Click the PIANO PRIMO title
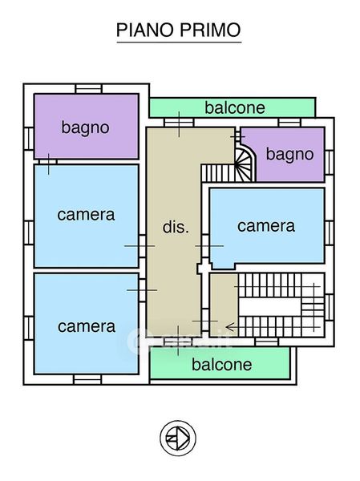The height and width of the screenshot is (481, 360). coord(179,30)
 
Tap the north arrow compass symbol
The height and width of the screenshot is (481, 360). coord(178,438)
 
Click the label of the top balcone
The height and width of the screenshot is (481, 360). coord(235,107)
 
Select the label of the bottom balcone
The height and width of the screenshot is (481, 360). coord(222,365)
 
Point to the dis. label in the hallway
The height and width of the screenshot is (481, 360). coord(176,227)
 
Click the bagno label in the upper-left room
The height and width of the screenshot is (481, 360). coord(85,127)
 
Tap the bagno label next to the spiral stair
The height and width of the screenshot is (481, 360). coord(289,154)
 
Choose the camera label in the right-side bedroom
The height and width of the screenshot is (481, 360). coord(266,226)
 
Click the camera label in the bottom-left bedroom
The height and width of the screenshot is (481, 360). coord(87,326)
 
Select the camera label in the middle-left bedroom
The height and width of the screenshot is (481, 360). coord(86,215)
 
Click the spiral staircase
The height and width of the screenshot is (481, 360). coord(245,164)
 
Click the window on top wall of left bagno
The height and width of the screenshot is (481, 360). coord(88,89)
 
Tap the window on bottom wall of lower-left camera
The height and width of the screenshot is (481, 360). coord(87,379)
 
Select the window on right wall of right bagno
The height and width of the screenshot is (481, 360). coord(329,163)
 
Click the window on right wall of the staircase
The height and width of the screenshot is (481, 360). coord(329,307)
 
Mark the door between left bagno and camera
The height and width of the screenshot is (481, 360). coord(48,162)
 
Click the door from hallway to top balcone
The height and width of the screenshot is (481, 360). coord(180,123)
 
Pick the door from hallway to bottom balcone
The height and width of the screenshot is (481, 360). coord(178,342)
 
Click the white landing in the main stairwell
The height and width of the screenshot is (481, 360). coord(269,307)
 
